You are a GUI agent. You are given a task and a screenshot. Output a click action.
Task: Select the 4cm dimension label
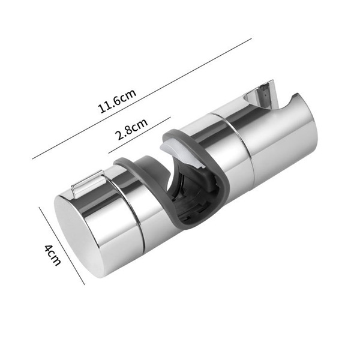(53, 255)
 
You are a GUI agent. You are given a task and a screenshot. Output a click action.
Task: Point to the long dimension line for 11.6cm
(142, 98)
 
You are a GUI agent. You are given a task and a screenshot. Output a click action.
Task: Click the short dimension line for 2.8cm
(140, 135)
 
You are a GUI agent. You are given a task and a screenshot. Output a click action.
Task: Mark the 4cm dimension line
(62, 246)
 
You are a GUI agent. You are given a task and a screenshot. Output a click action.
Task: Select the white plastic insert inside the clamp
(181, 153)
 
